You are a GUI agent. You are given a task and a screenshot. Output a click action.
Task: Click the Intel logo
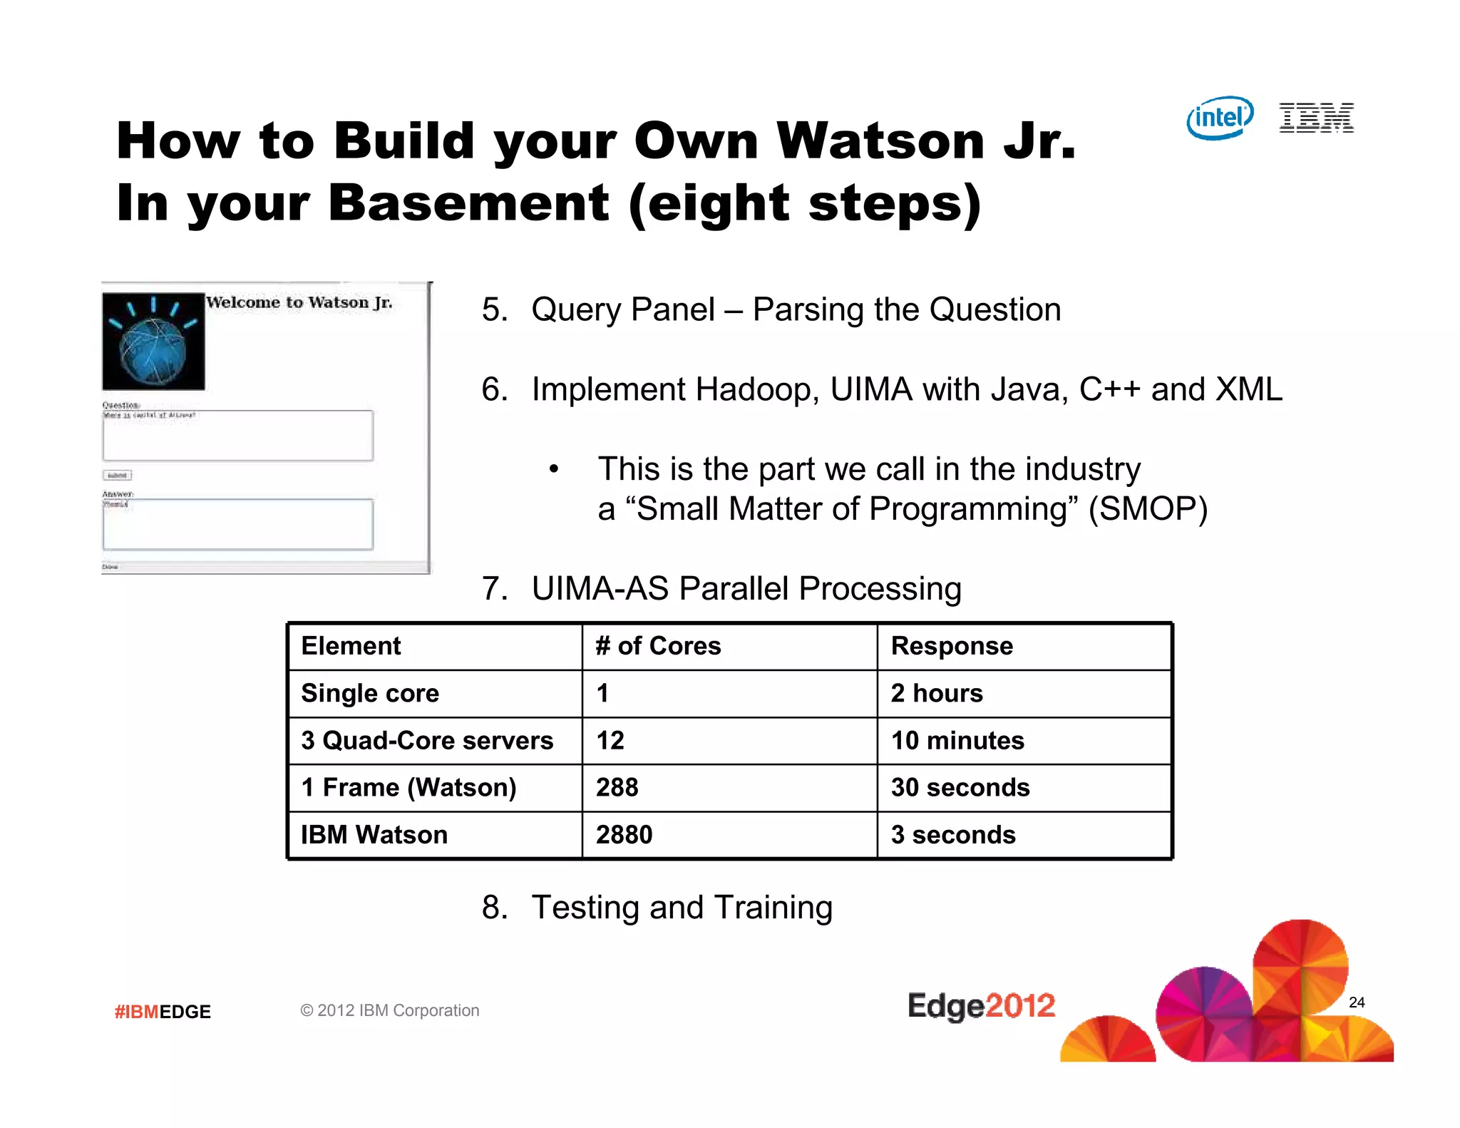[x=1220, y=118]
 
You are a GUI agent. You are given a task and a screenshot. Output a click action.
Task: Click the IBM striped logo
[x=1316, y=118]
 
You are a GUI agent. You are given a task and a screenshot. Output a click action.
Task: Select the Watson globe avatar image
[x=153, y=342]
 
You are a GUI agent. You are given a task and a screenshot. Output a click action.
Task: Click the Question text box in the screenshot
[x=237, y=436]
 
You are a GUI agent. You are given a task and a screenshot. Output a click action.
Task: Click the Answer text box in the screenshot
[x=237, y=524]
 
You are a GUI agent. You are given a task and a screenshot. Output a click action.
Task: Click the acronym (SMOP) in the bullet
[x=1148, y=509]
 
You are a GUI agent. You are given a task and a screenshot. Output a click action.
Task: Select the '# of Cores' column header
[x=658, y=646]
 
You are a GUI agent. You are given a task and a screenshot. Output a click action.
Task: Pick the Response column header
[x=952, y=646]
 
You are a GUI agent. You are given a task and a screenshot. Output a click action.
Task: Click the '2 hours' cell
[x=937, y=693]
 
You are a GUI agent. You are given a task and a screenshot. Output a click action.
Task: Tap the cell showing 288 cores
[x=617, y=788]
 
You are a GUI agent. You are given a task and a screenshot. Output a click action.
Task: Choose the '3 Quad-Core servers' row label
[x=427, y=741]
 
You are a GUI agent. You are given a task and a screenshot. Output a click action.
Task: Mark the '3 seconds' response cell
[x=953, y=835]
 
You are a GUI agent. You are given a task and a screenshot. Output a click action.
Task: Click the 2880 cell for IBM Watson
[x=624, y=835]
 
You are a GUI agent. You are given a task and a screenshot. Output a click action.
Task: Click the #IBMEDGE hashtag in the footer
[x=163, y=1012]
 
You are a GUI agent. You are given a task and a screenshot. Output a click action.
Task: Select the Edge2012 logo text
[x=981, y=1006]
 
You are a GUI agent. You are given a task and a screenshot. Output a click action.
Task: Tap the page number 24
[x=1357, y=1003]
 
